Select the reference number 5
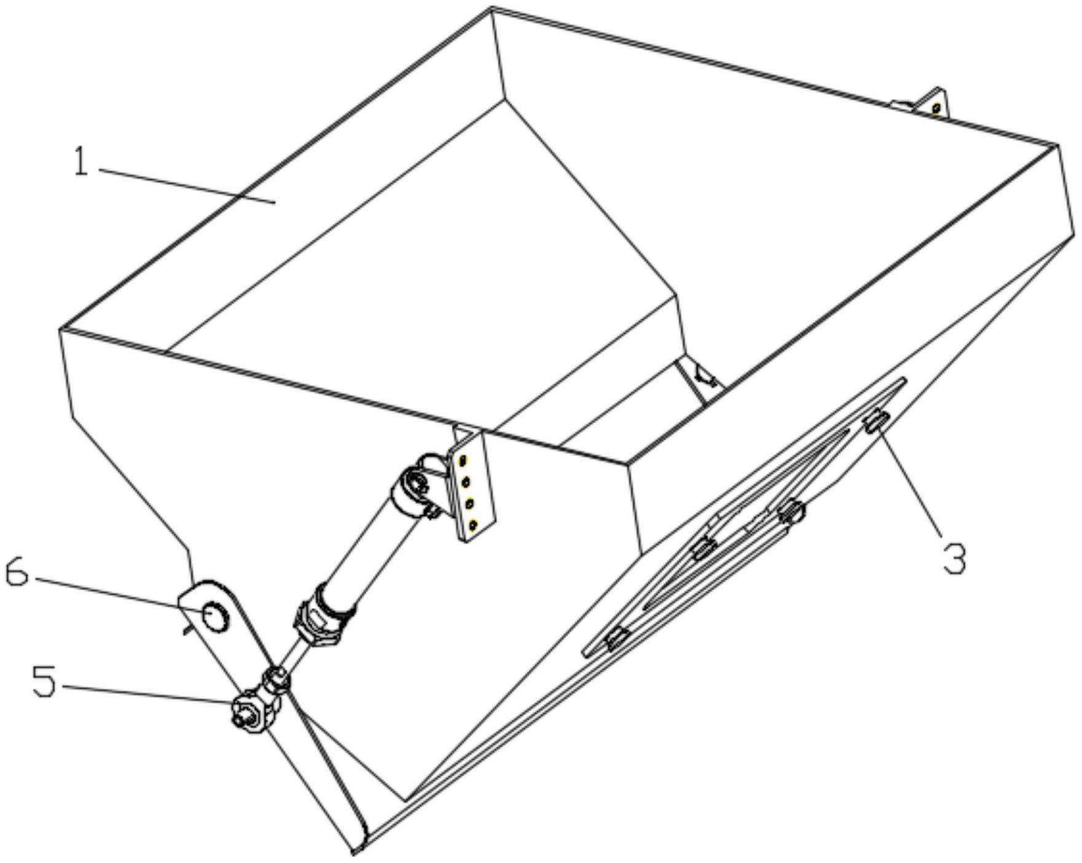pos(44,682)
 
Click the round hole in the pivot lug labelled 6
pos(216,617)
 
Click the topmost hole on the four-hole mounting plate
pos(465,459)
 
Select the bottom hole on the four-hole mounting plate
pos(472,525)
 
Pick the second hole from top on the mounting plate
pos(467,482)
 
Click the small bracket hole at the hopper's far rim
pos(936,109)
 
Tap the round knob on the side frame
pos(792,511)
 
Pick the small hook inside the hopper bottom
pos(704,377)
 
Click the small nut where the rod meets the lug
pos(274,681)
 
